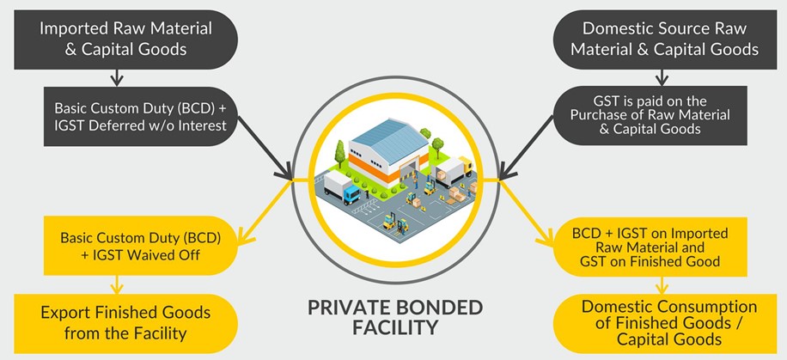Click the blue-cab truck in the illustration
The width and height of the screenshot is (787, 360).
pos(343,189)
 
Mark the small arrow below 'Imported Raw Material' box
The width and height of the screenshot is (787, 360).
pos(118,78)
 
